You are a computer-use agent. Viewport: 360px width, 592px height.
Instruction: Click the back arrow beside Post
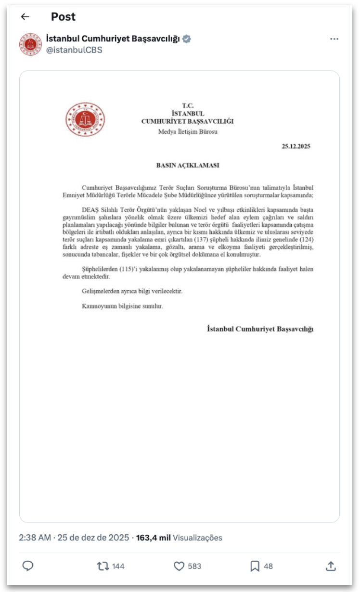pyautogui.click(x=25, y=17)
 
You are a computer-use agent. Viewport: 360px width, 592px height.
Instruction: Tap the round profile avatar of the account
pyautogui.click(x=30, y=44)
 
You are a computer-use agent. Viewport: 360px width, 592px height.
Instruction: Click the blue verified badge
pyautogui.click(x=187, y=39)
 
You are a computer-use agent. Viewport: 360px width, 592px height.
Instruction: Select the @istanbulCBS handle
pyautogui.click(x=74, y=50)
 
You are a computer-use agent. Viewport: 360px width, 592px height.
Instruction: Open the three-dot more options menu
pyautogui.click(x=334, y=39)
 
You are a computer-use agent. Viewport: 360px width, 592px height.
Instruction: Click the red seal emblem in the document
pyautogui.click(x=85, y=119)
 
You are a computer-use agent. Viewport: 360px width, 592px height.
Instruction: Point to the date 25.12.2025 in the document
pyautogui.click(x=296, y=147)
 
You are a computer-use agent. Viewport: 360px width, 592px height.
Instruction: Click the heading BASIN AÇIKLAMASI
pyautogui.click(x=188, y=165)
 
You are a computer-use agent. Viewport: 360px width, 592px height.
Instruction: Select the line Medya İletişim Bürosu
pyautogui.click(x=188, y=131)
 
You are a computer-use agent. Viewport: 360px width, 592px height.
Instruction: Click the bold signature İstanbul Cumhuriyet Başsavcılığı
pyautogui.click(x=260, y=329)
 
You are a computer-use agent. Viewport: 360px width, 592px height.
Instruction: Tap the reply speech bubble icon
pyautogui.click(x=28, y=566)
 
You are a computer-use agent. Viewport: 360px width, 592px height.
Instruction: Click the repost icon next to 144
pyautogui.click(x=103, y=566)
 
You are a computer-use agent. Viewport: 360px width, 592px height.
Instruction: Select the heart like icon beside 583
pyautogui.click(x=179, y=566)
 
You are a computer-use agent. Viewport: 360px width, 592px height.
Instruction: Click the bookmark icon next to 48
pyautogui.click(x=255, y=566)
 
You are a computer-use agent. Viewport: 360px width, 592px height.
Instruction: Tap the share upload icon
pyautogui.click(x=331, y=566)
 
